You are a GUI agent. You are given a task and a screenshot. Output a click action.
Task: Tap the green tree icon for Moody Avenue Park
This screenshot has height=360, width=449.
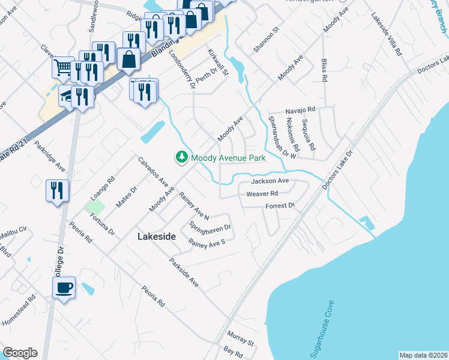(181, 157)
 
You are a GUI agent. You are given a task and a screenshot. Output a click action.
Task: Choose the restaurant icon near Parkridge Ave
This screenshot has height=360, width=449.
(58, 191)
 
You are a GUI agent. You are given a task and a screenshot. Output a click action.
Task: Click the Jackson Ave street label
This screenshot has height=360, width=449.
(270, 181)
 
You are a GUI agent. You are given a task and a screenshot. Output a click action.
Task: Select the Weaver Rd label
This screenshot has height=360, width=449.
(262, 194)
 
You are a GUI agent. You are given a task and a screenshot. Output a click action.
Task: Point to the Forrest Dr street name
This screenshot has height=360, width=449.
(280, 206)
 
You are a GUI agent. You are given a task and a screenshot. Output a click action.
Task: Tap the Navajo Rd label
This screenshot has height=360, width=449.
(300, 110)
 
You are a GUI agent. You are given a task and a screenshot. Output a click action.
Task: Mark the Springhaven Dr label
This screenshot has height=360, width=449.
(210, 228)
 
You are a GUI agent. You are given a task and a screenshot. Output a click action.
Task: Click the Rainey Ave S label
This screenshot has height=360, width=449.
(206, 243)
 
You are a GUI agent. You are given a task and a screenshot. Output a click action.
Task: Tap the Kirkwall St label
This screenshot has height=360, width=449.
(218, 62)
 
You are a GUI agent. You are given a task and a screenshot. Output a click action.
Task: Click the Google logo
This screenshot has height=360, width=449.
(20, 353)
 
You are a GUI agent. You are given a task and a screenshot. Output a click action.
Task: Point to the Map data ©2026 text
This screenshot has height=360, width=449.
(423, 355)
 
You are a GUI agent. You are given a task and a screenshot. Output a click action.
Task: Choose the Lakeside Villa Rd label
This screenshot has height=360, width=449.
(386, 34)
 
